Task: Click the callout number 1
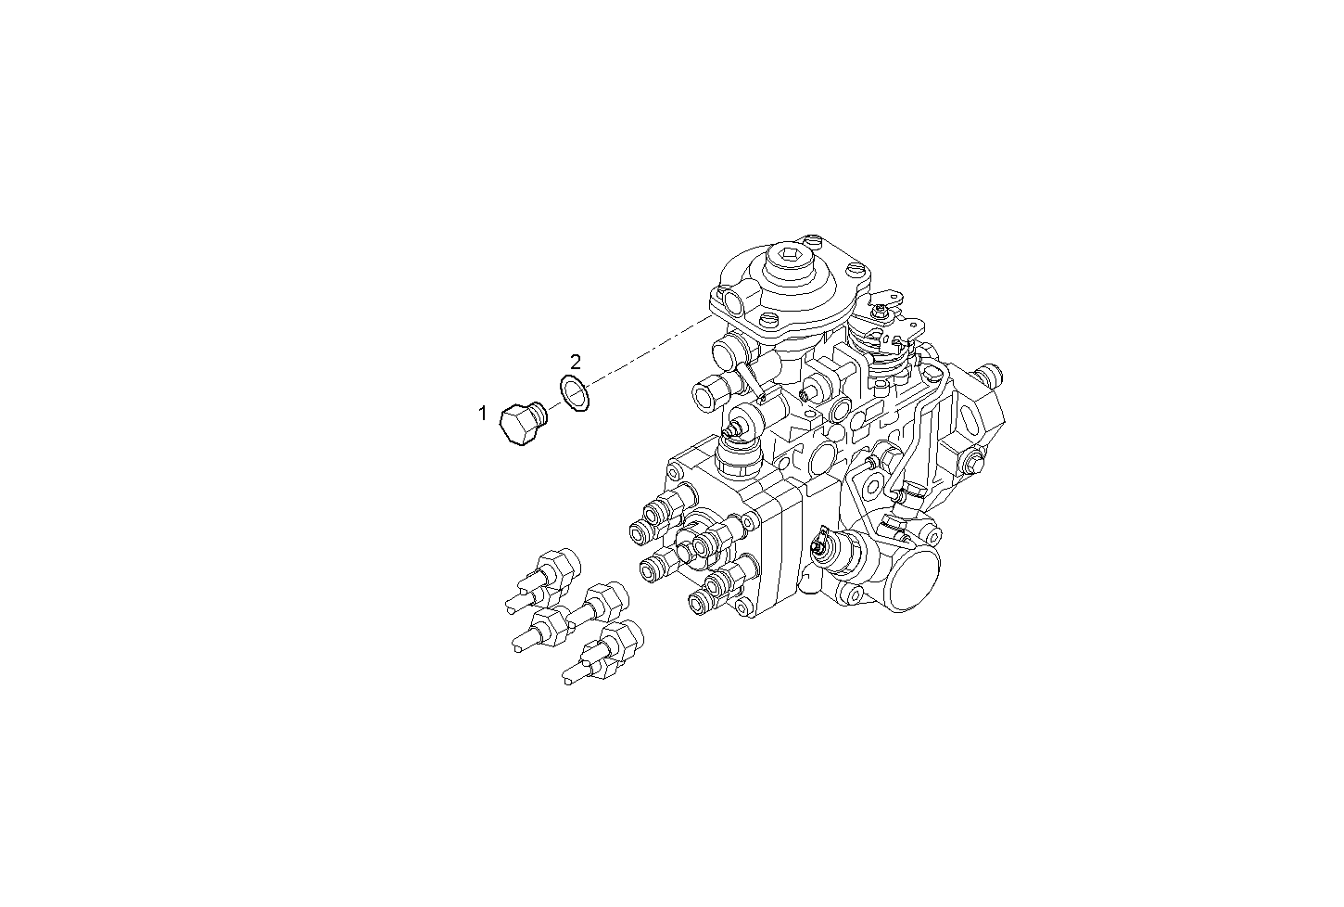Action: [x=482, y=414]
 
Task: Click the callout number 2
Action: [x=576, y=361]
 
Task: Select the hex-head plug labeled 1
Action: [x=523, y=424]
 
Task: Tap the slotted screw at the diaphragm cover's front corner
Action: [x=768, y=320]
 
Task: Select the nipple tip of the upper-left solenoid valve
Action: [x=731, y=429]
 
